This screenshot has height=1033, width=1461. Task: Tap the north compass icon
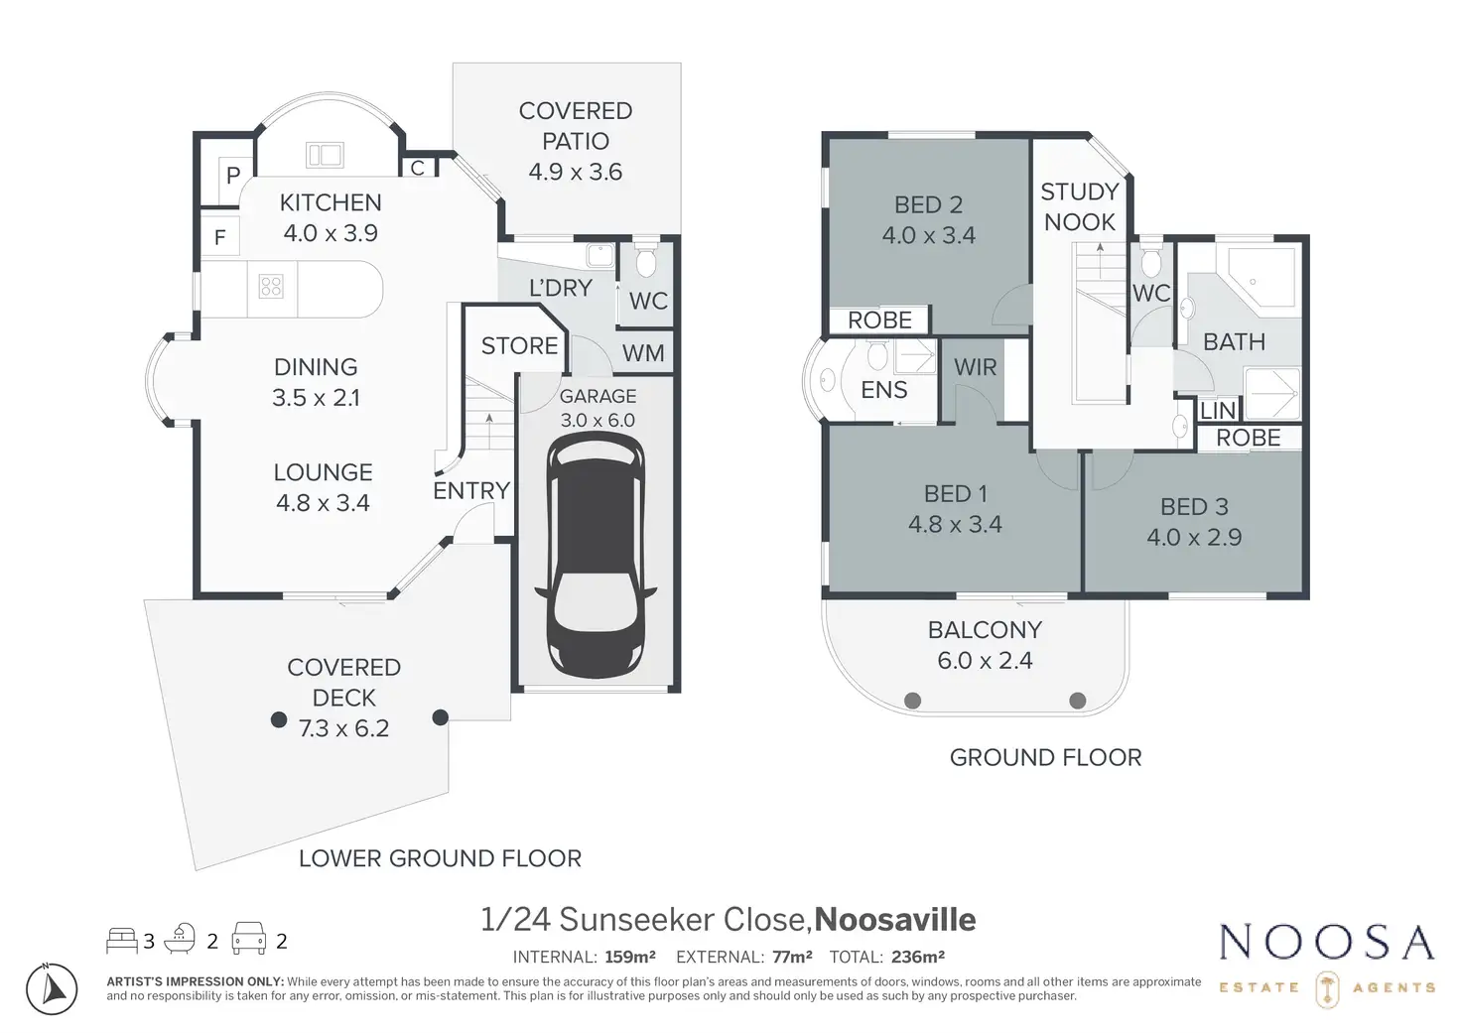(x=51, y=988)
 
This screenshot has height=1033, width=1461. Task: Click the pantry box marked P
(x=233, y=177)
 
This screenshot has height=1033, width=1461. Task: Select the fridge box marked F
(x=220, y=237)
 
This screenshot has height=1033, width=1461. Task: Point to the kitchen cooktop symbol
(x=271, y=287)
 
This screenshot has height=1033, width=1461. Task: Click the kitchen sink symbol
(x=325, y=155)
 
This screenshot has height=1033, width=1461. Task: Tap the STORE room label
(x=519, y=346)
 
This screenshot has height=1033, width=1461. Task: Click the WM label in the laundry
(x=643, y=353)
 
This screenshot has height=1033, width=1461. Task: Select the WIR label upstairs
(x=975, y=367)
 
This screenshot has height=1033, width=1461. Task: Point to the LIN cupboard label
(x=1218, y=411)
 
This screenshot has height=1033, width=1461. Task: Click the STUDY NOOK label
(x=1079, y=206)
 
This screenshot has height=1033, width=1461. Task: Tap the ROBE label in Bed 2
(x=879, y=321)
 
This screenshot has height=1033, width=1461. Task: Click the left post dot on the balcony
(x=913, y=701)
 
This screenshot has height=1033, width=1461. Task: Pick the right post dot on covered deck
(x=441, y=717)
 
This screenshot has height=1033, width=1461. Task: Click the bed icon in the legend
(x=122, y=939)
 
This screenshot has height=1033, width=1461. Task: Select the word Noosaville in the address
(x=894, y=920)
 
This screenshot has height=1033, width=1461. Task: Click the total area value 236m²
(x=917, y=958)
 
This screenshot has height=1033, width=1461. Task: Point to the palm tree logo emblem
(x=1325, y=988)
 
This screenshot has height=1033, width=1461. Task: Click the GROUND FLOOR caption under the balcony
(x=1045, y=758)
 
